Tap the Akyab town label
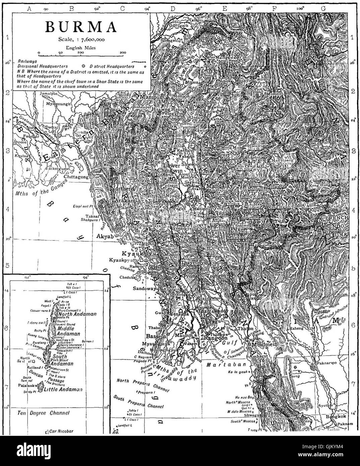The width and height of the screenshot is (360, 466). click(x=106, y=236)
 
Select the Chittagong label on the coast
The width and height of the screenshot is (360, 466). click(x=77, y=177)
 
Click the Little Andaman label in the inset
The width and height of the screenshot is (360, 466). click(x=64, y=389)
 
